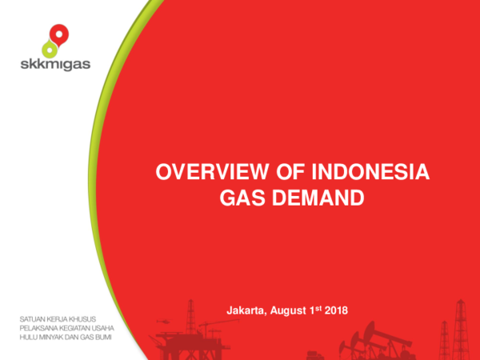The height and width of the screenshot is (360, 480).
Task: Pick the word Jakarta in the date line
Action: click(246, 310)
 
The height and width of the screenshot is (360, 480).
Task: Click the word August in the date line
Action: click(289, 310)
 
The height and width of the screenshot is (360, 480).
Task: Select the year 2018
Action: click(335, 310)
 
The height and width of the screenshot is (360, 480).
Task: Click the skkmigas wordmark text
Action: click(55, 65)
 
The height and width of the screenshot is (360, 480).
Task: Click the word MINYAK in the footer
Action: click(55, 337)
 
